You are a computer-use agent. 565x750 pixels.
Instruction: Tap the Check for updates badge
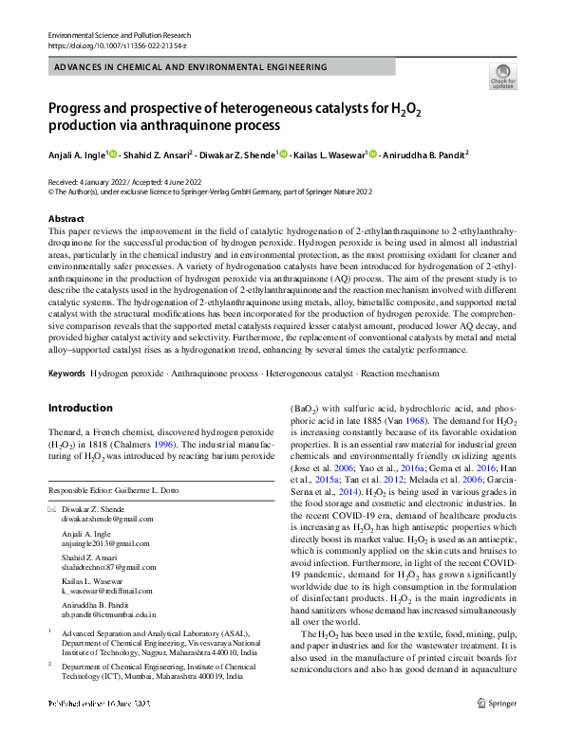[503, 77]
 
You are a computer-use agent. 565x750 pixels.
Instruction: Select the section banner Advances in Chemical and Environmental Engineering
[191, 68]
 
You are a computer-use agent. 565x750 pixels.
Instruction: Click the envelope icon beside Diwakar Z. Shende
[52, 510]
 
